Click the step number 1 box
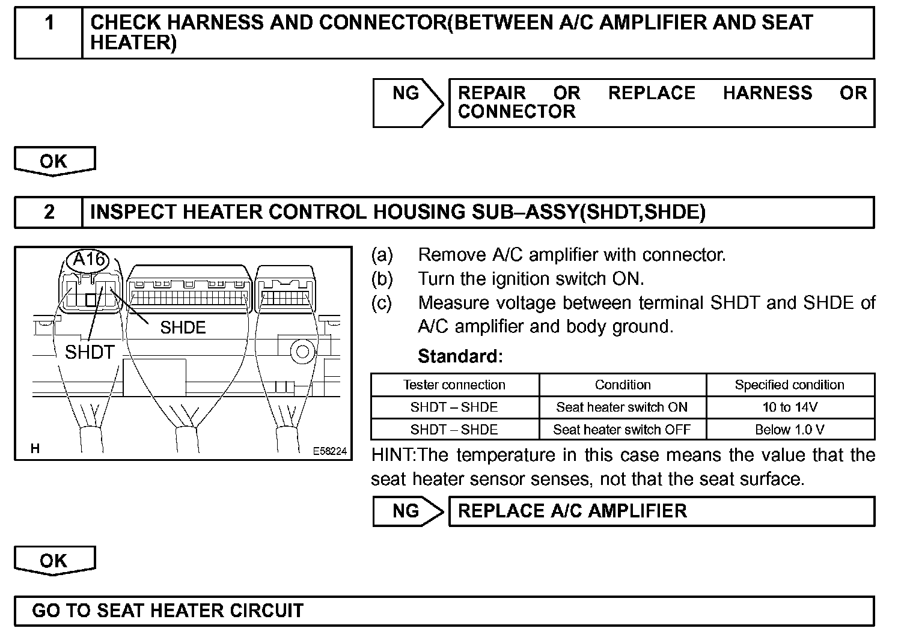[49, 33]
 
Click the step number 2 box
[49, 212]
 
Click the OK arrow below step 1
[54, 161]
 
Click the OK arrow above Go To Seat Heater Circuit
[54, 561]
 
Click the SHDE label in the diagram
[183, 328]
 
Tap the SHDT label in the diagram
[90, 352]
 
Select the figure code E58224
[329, 451]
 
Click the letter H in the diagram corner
[35, 449]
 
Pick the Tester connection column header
[454, 385]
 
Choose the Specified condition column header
[790, 385]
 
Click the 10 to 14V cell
[790, 407]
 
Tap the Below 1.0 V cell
[790, 430]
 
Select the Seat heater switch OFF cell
[622, 430]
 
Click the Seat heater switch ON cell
[622, 407]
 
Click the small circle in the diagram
[303, 352]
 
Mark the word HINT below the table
[392, 455]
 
